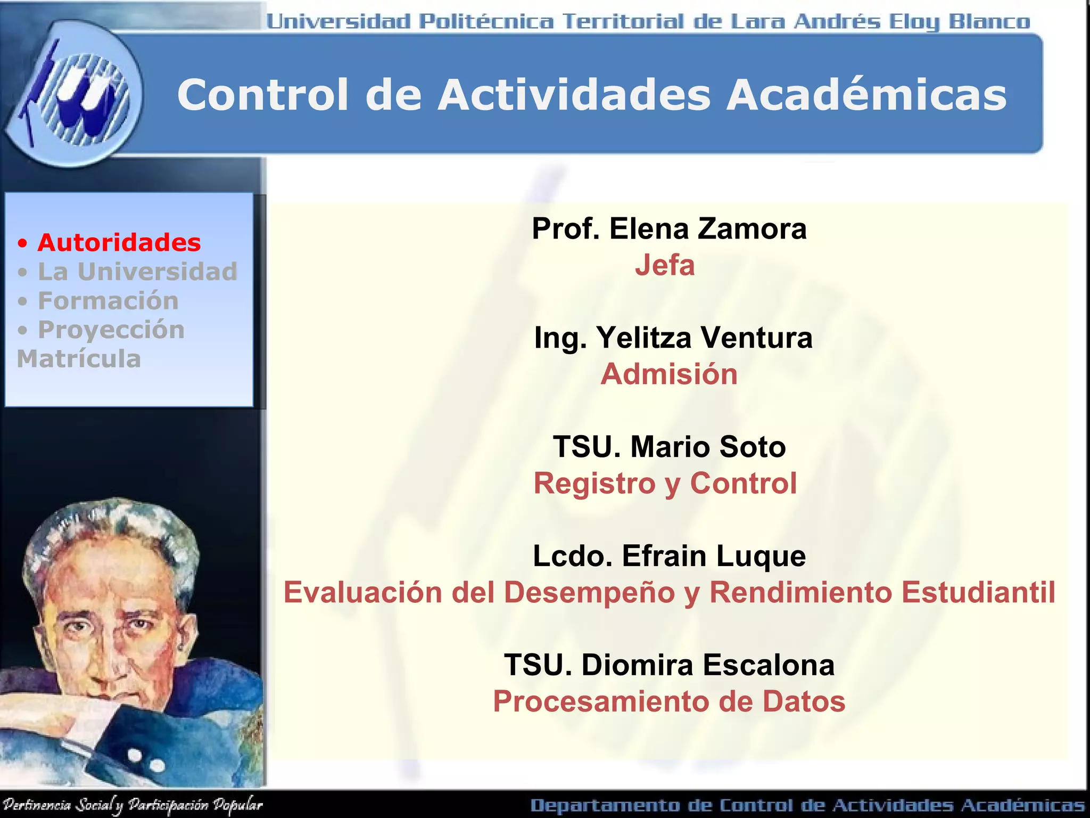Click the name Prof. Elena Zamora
(669, 229)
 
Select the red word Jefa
(665, 265)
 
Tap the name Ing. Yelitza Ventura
(673, 338)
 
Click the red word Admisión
(669, 374)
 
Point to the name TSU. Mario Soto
(669, 447)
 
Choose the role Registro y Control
(665, 484)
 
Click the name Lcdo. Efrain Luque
(669, 556)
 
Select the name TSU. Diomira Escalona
(669, 665)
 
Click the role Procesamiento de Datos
(669, 701)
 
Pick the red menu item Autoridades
(119, 243)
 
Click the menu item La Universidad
(137, 272)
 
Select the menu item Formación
(108, 301)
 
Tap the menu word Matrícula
(79, 359)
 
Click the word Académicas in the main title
(866, 95)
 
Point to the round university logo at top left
(75, 96)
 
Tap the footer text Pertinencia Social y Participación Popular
(132, 805)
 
